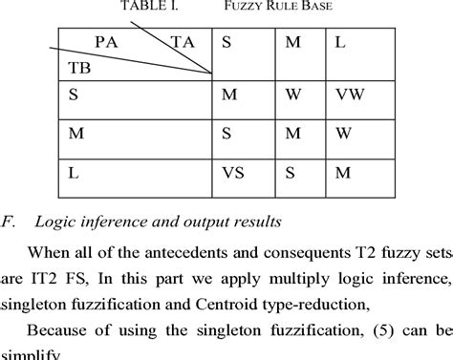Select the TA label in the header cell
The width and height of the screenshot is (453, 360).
click(x=182, y=42)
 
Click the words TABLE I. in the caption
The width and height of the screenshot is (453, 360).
click(x=149, y=9)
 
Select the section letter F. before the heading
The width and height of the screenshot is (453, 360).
click(x=11, y=222)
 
